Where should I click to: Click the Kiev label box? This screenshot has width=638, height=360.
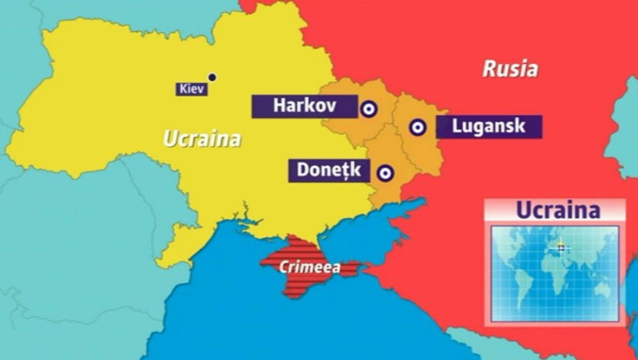click(191, 89)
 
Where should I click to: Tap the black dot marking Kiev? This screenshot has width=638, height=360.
click(213, 78)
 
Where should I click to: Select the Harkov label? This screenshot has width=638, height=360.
click(304, 106)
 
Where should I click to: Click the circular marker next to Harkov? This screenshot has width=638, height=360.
click(369, 107)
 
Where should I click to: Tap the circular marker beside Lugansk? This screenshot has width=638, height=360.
click(417, 127)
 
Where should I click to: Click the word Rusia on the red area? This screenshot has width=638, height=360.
click(510, 69)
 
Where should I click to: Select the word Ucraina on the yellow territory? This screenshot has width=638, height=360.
click(202, 138)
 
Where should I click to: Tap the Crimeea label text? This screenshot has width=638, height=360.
click(306, 267)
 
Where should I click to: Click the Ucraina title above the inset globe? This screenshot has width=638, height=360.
click(558, 209)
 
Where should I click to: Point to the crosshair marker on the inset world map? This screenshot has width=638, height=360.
click(560, 247)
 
